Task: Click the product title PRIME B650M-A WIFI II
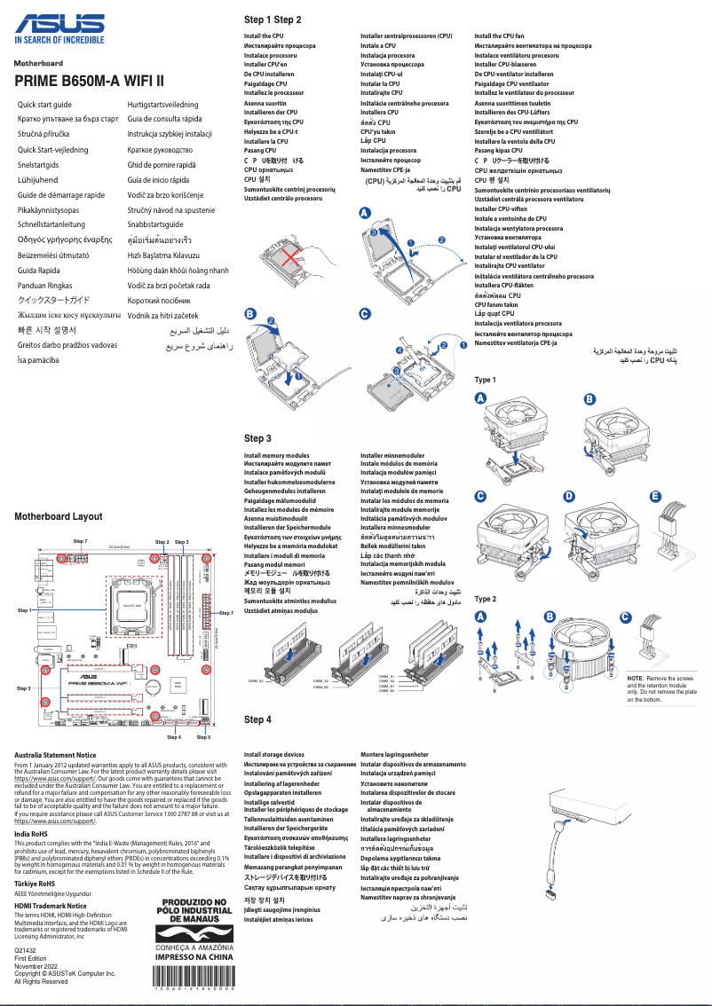pos(89,82)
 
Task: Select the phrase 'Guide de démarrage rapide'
pos(61,195)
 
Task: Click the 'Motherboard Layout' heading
pos(59,516)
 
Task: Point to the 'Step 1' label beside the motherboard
pos(24,610)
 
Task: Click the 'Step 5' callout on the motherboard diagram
pos(24,688)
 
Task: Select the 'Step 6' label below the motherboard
pos(203,737)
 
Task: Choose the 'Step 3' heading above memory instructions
pos(257,438)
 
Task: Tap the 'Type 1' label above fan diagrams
pos(485,380)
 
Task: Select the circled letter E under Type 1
pos(655,495)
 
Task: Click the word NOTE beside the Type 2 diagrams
pos(636,678)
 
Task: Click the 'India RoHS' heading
pos(31,833)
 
